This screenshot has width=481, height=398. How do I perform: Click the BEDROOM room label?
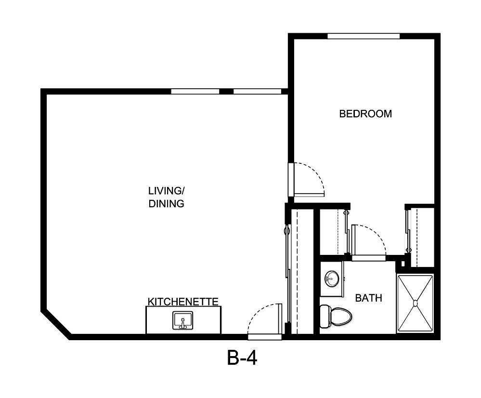pos(365,114)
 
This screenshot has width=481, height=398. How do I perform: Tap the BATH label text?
pos(368,298)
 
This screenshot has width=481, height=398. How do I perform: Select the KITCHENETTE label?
pos(183,302)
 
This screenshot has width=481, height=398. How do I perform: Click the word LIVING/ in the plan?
pos(166,190)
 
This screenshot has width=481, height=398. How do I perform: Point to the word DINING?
pos(166,204)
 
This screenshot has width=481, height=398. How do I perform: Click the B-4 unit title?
pos(242,359)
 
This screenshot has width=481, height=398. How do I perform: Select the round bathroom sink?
pos(331,278)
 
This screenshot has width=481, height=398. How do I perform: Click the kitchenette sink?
pos(182,320)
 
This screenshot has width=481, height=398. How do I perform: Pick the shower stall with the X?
pos(415,303)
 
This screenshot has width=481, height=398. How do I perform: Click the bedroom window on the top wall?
pos(364,36)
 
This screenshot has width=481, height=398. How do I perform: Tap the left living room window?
pos(195,92)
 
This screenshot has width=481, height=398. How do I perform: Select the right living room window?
pos(257,92)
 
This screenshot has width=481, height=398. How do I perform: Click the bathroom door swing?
pos(368,241)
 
